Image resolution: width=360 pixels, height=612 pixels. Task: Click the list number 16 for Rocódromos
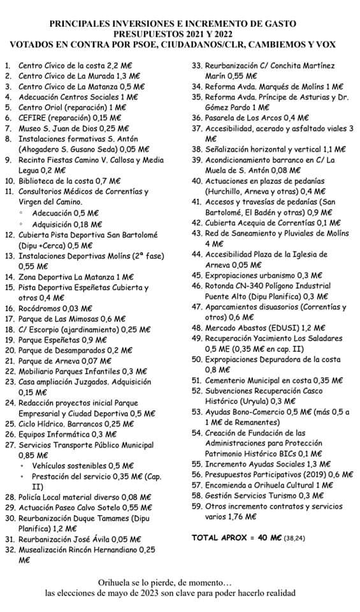(8, 308)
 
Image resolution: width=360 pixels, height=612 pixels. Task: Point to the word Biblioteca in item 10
(40, 181)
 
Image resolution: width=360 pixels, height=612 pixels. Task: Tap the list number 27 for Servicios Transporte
(8, 444)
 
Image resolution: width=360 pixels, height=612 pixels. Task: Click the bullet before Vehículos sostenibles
(22, 465)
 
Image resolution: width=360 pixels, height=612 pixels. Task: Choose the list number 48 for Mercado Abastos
(196, 328)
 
